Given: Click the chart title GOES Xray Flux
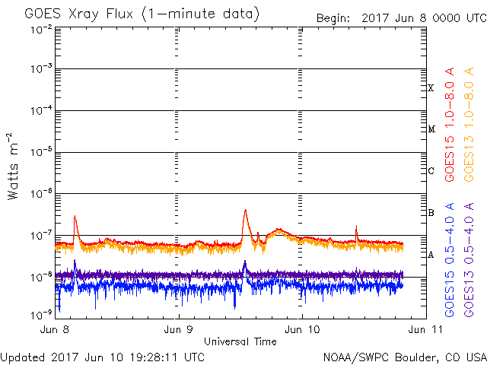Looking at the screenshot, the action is (x=78, y=14).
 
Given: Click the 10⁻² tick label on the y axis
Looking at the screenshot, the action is (x=41, y=30).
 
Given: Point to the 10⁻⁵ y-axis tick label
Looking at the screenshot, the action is (x=41, y=152).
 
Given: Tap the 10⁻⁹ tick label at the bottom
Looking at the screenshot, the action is (x=41, y=315).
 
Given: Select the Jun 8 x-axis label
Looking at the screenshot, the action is (x=55, y=329).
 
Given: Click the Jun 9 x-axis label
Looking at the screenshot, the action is (x=178, y=329).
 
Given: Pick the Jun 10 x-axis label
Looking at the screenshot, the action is (x=302, y=329).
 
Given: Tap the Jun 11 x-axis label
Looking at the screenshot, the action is (x=425, y=329).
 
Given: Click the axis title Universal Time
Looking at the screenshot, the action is (x=240, y=341).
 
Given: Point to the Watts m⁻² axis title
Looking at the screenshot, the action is (x=12, y=167).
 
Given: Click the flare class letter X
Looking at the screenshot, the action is (x=431, y=88).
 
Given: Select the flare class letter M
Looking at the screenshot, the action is (x=431, y=129).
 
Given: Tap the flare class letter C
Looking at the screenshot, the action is (x=431, y=170).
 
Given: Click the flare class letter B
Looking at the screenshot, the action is (x=431, y=213).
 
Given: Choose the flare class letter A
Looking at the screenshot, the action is (x=431, y=255).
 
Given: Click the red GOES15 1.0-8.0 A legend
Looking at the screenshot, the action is (x=450, y=125).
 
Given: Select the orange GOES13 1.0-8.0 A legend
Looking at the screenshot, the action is (x=469, y=125).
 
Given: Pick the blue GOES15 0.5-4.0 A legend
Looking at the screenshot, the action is (x=450, y=260).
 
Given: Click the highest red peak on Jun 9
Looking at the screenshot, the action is (x=245, y=210).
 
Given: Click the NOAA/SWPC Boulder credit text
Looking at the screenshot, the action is (x=405, y=357).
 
